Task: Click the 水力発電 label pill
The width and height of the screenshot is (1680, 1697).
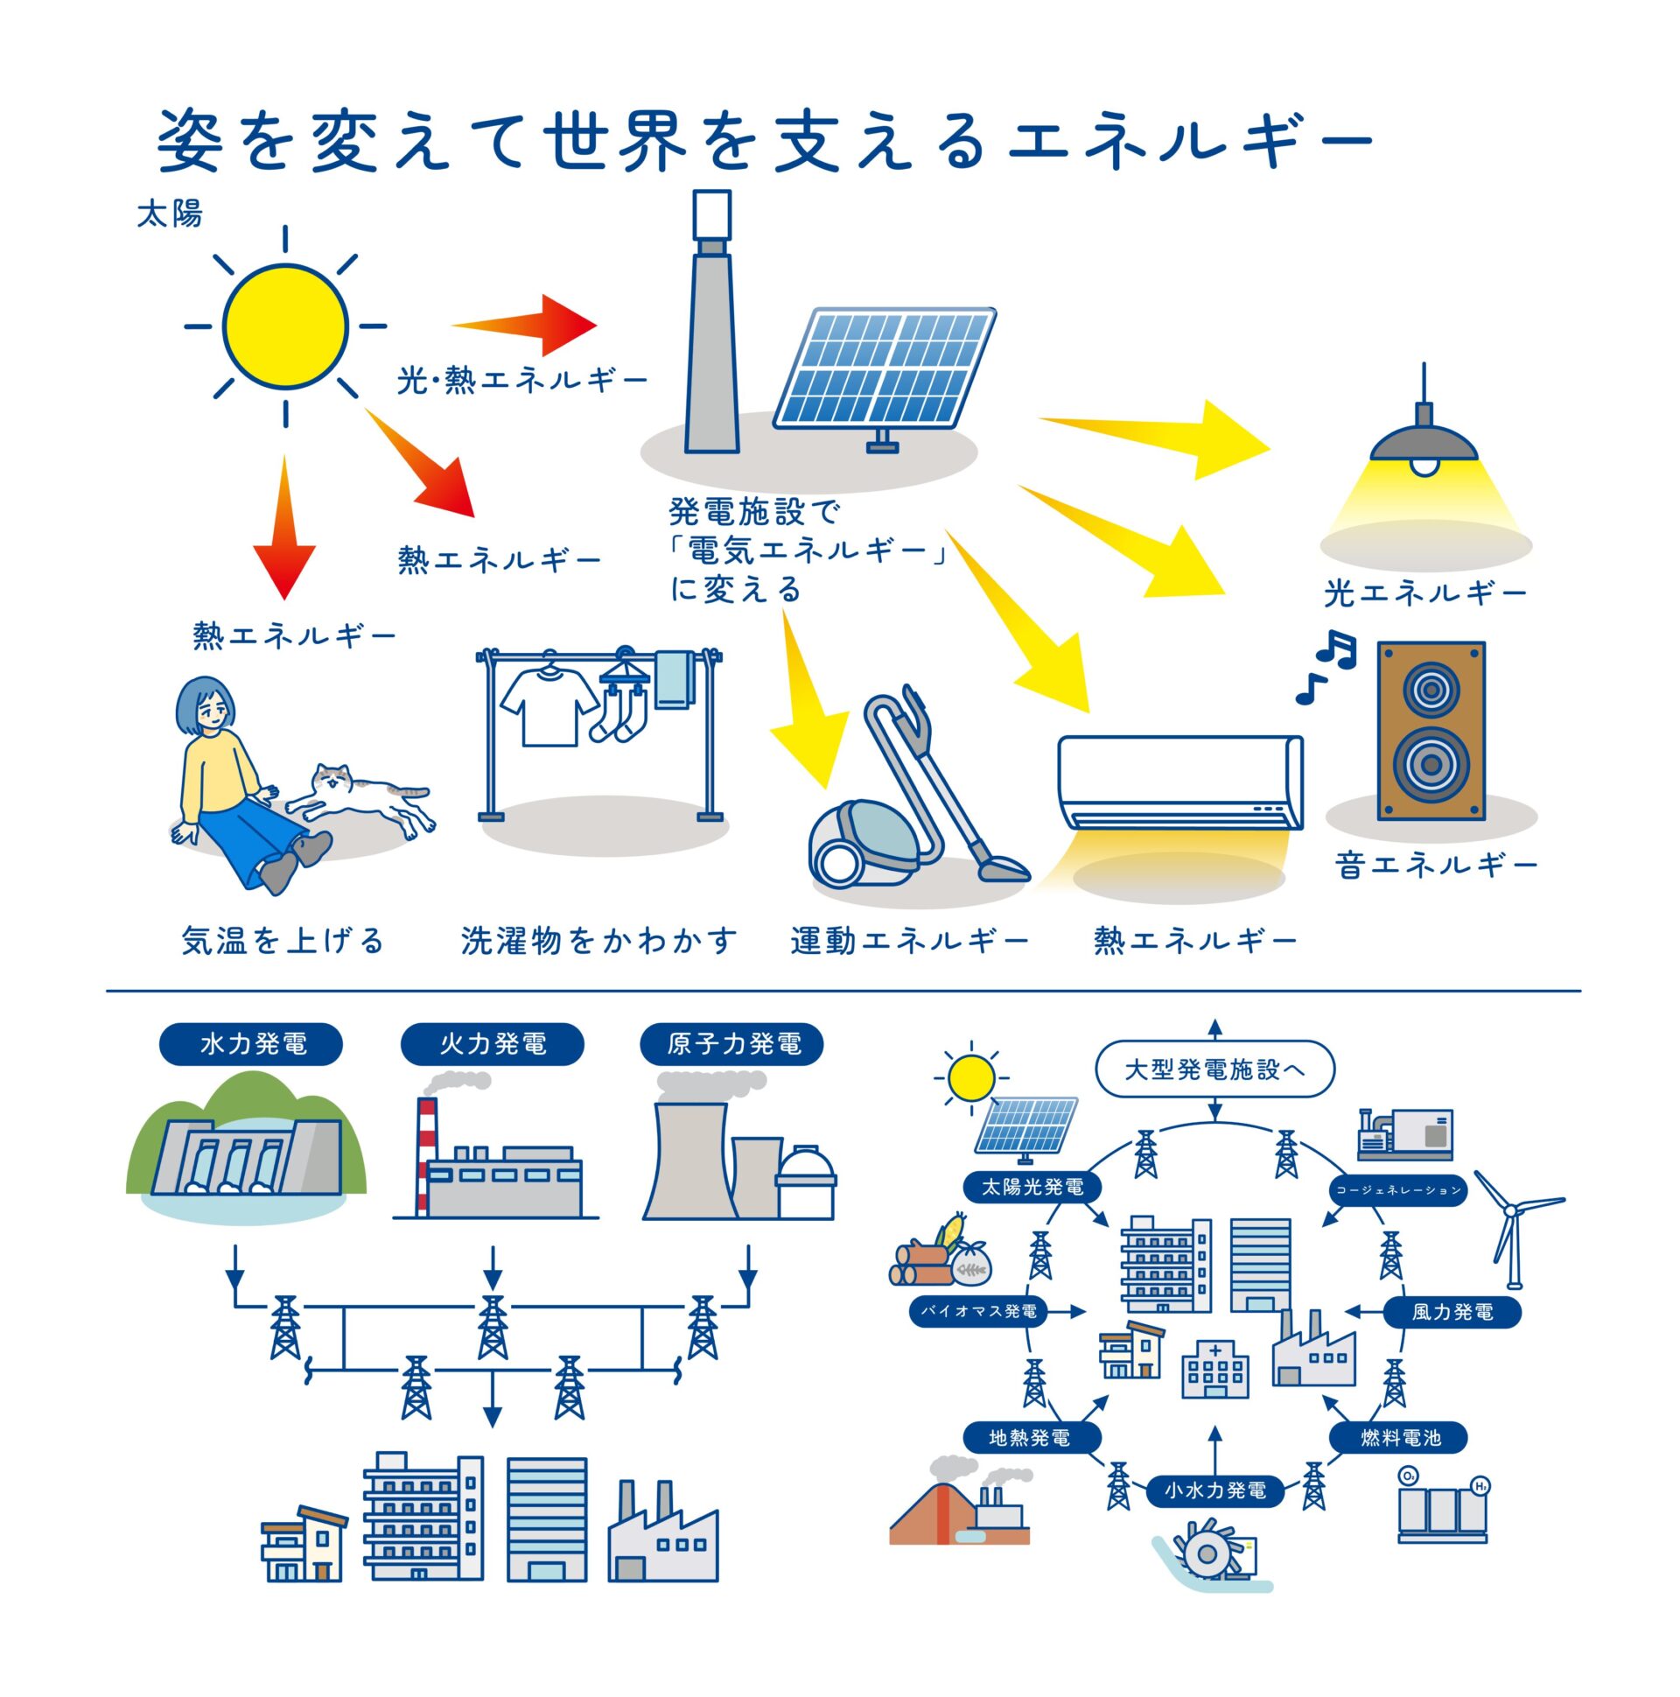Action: [x=250, y=1044]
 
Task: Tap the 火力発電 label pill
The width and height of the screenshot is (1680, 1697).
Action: [x=492, y=1044]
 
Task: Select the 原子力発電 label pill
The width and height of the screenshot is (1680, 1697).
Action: [x=732, y=1044]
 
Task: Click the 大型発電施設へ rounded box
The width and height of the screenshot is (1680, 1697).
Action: [x=1214, y=1070]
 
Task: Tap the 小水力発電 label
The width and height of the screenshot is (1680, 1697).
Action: [x=1214, y=1490]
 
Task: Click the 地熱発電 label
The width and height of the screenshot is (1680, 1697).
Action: [x=1029, y=1438]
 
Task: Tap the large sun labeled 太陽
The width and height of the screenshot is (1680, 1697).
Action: [x=285, y=326]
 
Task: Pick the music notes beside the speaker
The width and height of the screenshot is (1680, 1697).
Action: [x=1326, y=666]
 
